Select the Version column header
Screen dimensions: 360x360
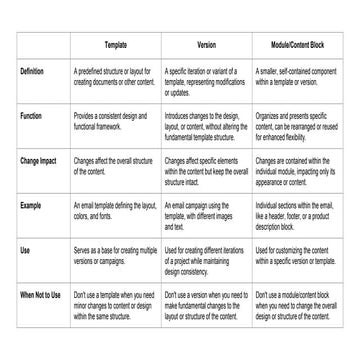[x=206, y=47]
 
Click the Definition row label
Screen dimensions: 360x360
[x=32, y=72]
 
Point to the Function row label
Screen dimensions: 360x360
[x=31, y=116]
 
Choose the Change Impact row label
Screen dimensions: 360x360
[x=38, y=160]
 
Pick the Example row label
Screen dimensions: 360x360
[x=30, y=205]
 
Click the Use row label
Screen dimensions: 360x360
[x=25, y=250]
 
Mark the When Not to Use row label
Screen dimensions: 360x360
[x=41, y=295]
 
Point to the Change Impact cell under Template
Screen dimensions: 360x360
[x=113, y=166]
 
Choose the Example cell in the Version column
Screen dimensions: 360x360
[x=206, y=215]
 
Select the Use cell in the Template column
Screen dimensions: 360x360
[x=115, y=255]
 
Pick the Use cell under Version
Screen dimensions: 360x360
[x=206, y=260]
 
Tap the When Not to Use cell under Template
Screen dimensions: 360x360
[x=115, y=305]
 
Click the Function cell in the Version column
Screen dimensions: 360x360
[x=206, y=126]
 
